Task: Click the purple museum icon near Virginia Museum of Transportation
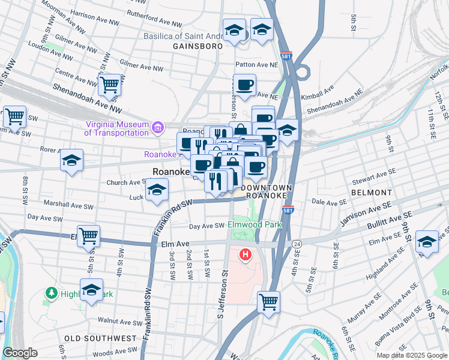click(x=158, y=127)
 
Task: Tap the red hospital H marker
click(x=245, y=256)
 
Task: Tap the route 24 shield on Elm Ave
click(x=297, y=244)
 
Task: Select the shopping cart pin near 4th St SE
click(x=268, y=301)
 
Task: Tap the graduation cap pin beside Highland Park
click(x=91, y=290)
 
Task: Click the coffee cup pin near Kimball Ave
click(x=244, y=85)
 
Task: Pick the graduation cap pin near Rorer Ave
click(x=71, y=160)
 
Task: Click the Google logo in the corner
click(x=20, y=353)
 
